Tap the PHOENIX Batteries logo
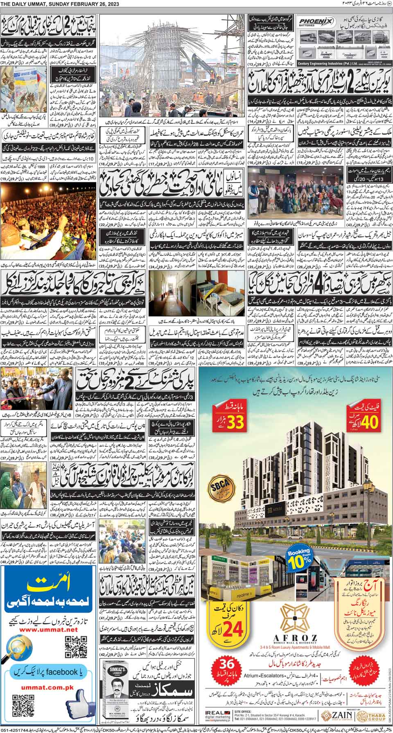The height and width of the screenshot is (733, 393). [x=315, y=21]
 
